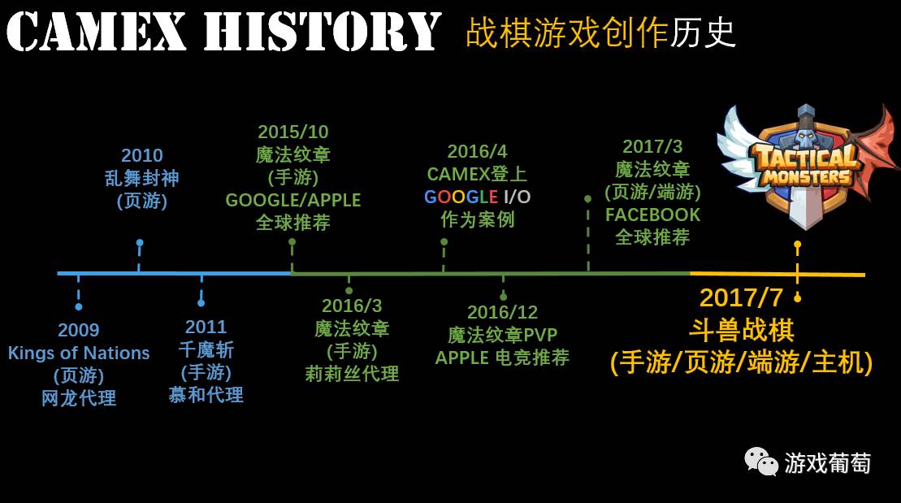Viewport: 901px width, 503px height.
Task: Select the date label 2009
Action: (79, 330)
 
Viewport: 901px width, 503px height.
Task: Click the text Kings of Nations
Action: (79, 353)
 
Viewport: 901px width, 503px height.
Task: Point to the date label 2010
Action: (142, 155)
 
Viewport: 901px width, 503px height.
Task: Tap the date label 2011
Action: (206, 327)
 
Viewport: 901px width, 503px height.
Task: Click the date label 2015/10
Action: (293, 132)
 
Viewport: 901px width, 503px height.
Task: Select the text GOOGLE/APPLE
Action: (293, 200)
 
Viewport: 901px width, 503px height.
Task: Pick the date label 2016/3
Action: (352, 306)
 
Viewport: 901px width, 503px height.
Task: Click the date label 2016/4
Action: (477, 151)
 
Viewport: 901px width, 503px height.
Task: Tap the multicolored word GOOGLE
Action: (461, 197)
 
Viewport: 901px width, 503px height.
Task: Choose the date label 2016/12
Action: (502, 312)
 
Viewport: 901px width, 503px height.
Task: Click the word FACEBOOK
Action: (652, 215)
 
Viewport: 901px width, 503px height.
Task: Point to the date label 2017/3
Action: (652, 146)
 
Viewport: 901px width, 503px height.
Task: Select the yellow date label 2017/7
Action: (741, 297)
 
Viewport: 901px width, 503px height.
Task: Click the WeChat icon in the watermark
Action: (761, 462)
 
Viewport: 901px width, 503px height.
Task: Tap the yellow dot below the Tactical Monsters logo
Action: (797, 244)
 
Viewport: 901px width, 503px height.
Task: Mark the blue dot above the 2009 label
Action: (79, 306)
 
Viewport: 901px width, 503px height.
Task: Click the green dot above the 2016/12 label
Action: (503, 297)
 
